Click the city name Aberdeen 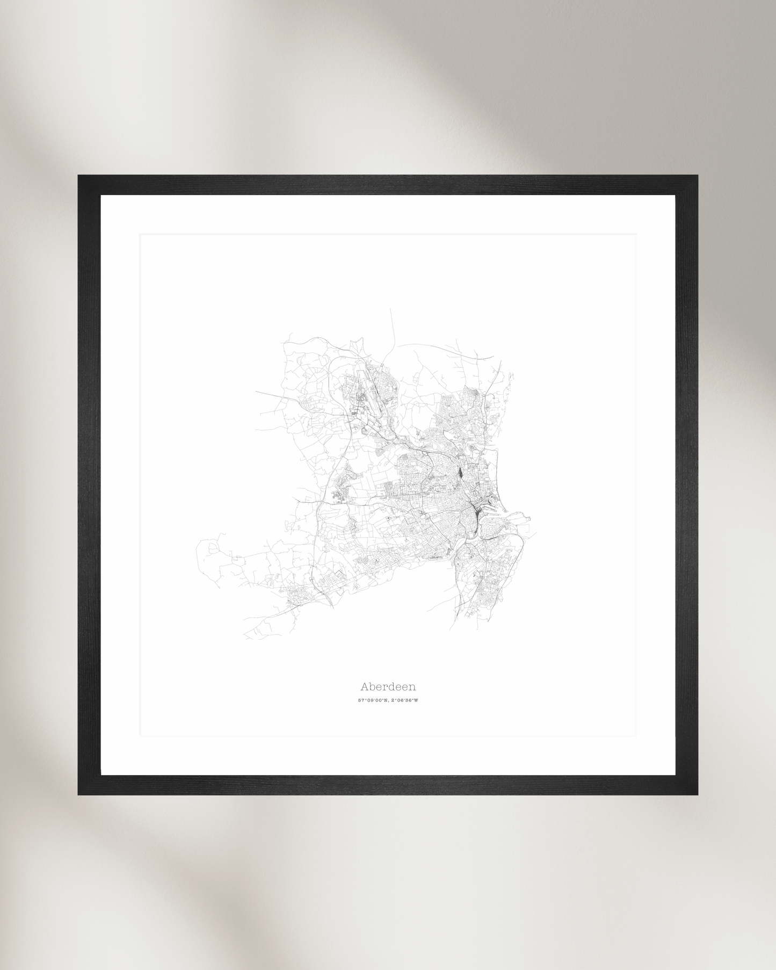click(x=388, y=686)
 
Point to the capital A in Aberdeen click(x=364, y=686)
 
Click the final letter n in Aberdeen click(x=412, y=687)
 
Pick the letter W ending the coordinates click(x=416, y=700)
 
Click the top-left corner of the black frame click(x=79, y=176)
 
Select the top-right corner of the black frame click(x=697, y=176)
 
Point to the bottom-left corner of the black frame click(x=79, y=794)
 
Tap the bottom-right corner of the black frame click(x=697, y=794)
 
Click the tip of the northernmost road click(x=391, y=309)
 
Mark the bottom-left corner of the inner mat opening click(x=141, y=735)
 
